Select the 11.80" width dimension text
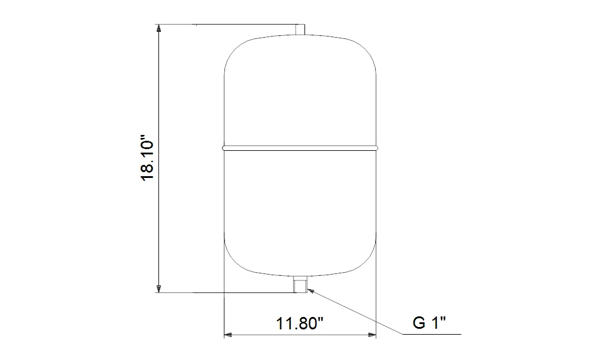point(300,323)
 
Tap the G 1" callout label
point(429,323)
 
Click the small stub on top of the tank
point(300,30)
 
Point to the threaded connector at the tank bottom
point(300,285)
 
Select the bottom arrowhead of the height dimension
point(158,288)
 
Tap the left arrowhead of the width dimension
point(228,335)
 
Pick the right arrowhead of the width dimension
point(373,335)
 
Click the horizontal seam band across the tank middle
point(300,147)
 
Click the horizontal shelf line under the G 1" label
point(433,335)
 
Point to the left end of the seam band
point(224,147)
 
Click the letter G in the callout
point(418,323)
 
